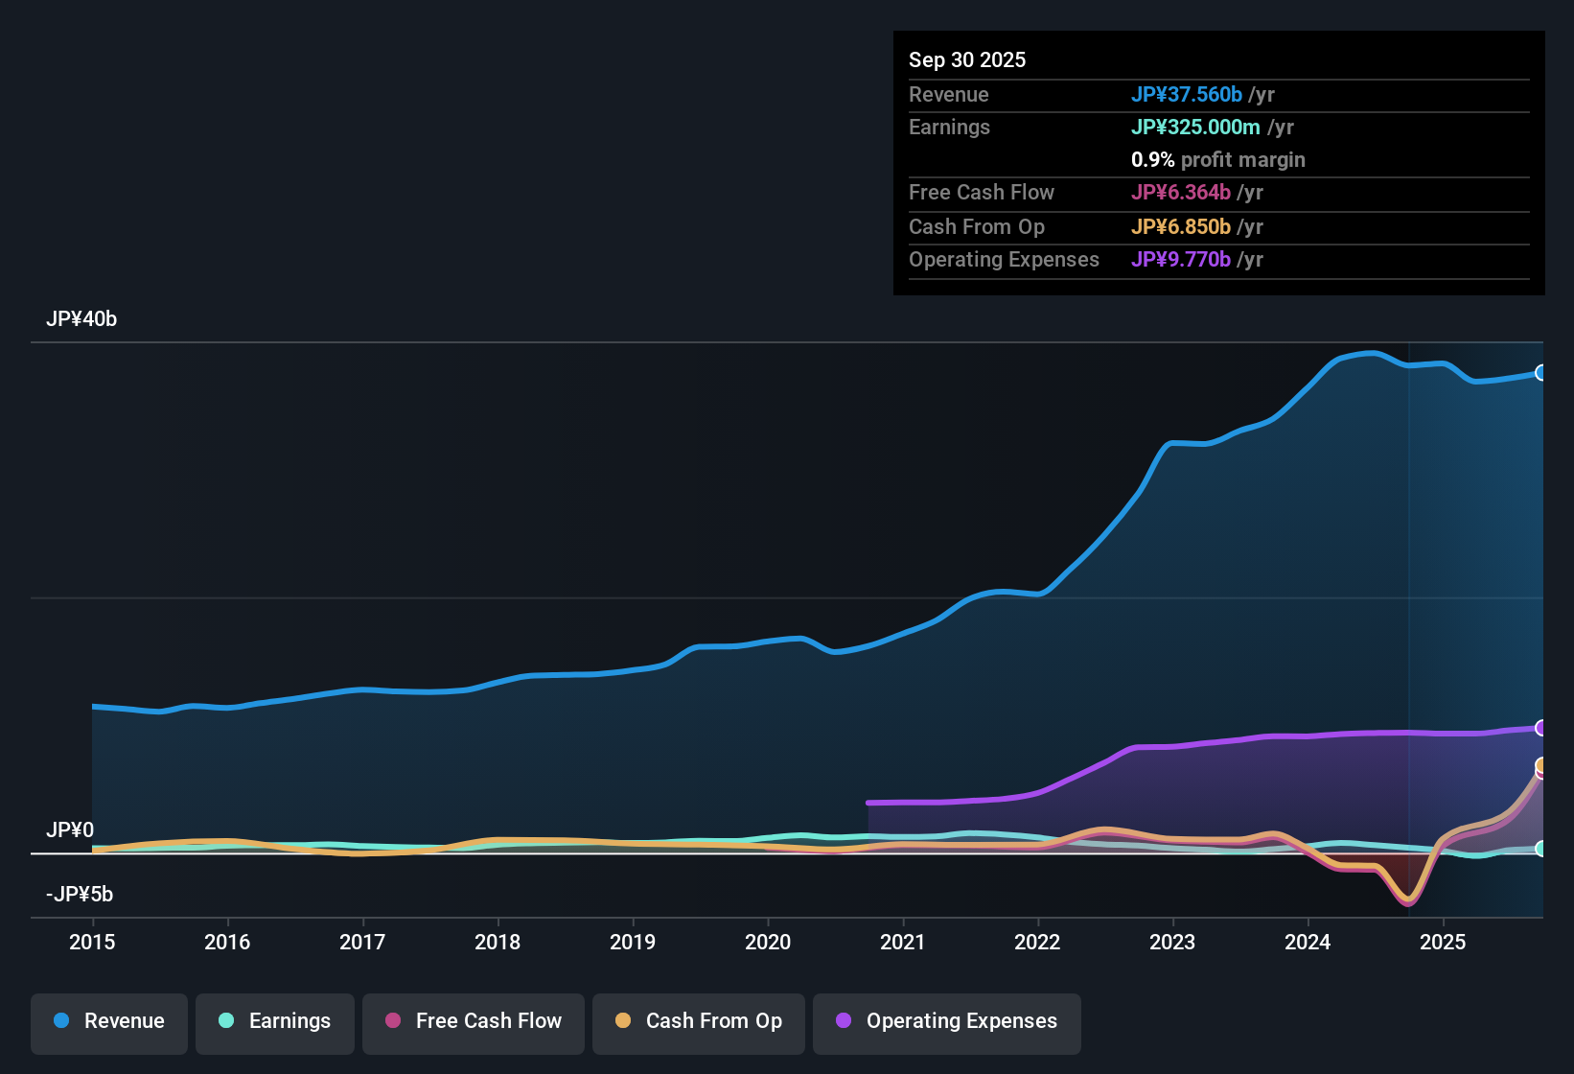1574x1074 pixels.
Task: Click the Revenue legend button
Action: click(x=109, y=1022)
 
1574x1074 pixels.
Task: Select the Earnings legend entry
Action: click(x=275, y=1022)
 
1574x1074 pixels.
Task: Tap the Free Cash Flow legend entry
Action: click(x=474, y=1022)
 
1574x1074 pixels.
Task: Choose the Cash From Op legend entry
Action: click(x=699, y=1022)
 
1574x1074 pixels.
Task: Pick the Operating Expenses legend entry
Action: click(x=947, y=1022)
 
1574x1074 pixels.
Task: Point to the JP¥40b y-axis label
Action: click(x=81, y=319)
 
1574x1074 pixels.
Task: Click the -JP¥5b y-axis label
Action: click(x=80, y=895)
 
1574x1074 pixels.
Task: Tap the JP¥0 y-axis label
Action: click(x=70, y=830)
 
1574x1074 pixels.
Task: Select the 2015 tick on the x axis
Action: click(x=92, y=943)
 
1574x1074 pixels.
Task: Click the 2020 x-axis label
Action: click(x=768, y=943)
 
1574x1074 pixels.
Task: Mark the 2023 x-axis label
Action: click(x=1172, y=943)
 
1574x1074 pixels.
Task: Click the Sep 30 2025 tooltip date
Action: click(x=966, y=60)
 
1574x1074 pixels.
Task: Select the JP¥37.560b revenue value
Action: click(x=1186, y=95)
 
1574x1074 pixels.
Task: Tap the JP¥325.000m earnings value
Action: click(x=1194, y=128)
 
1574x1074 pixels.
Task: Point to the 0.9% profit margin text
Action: click(x=1217, y=160)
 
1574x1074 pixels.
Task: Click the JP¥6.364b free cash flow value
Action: click(x=1180, y=193)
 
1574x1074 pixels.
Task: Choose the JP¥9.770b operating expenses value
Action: click(x=1180, y=260)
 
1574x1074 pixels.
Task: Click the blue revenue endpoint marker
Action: click(x=1540, y=373)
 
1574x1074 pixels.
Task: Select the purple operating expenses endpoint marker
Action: click(x=1540, y=728)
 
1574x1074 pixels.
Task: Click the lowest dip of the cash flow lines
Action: click(x=1408, y=901)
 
